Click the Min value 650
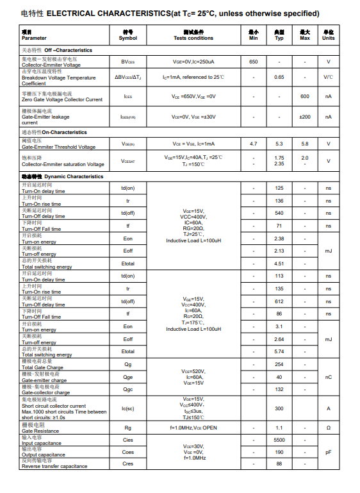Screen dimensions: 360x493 point(254,62)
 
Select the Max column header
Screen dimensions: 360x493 point(305,35)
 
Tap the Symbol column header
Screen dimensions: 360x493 point(128,35)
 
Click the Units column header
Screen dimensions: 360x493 point(329,35)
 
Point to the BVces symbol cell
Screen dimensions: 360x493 point(128,62)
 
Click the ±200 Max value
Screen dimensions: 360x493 point(305,117)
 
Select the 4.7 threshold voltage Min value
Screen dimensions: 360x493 point(254,144)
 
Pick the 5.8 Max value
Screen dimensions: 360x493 point(305,144)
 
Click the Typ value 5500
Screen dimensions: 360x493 point(279,440)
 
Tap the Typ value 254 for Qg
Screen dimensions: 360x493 point(279,364)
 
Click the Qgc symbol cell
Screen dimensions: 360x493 point(128,389)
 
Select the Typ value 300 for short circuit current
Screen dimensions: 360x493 point(279,408)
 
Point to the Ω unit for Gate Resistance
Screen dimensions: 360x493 point(329,428)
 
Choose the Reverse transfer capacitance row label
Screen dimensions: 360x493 point(54,464)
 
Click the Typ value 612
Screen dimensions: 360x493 point(279,301)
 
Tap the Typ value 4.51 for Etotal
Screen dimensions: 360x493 point(279,263)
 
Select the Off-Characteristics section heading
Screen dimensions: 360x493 point(57,50)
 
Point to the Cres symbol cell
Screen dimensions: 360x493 point(128,464)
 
